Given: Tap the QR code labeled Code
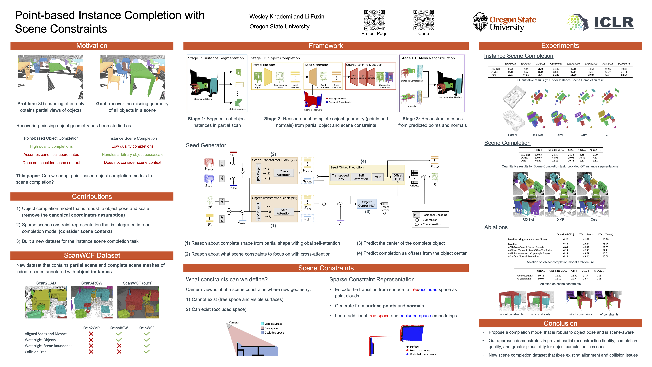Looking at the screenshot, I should coord(423,20).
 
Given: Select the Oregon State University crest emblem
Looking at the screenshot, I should coord(480,22).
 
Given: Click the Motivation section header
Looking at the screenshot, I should coord(92,46).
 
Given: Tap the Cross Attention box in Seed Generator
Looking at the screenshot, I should coord(283,173).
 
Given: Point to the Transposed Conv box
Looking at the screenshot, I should coord(340,177).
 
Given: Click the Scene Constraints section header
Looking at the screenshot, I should coord(326,268).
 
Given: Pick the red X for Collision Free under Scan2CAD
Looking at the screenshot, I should coord(91,352).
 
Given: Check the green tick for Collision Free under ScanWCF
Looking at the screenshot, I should coord(147,352).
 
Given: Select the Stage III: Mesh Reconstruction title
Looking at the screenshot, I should coord(427,58).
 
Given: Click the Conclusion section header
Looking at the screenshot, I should coord(560,324).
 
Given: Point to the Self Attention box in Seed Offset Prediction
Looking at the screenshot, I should coord(361,177).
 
